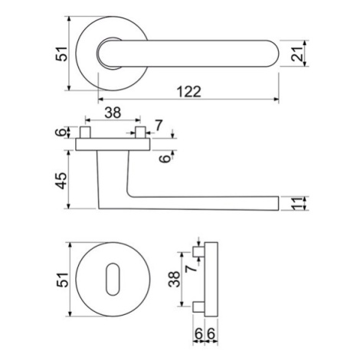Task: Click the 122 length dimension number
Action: [x=189, y=92]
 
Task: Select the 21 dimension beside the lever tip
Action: [x=296, y=54]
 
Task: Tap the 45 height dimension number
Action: [x=61, y=181]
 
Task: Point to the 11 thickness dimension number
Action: [x=297, y=204]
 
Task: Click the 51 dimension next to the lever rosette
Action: [x=61, y=54]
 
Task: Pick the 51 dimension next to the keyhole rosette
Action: [x=63, y=280]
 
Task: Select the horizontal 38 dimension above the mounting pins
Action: [x=113, y=113]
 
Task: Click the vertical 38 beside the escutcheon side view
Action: [x=175, y=280]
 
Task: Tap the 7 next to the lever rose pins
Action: [x=159, y=126]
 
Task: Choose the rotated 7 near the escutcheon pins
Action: [x=191, y=268]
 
